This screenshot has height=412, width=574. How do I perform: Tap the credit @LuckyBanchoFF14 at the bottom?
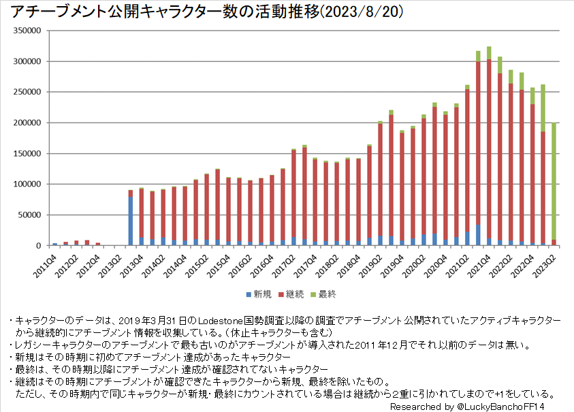coord(510,406)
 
